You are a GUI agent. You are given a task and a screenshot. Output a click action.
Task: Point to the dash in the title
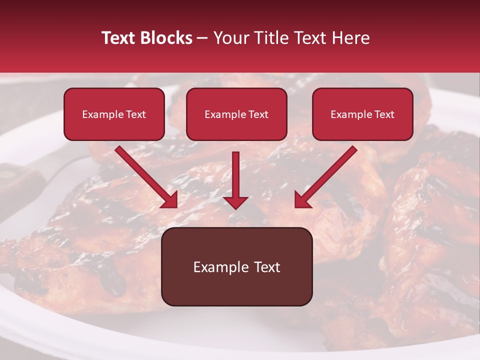[203, 38]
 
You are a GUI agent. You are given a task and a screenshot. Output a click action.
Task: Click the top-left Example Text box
[114, 114]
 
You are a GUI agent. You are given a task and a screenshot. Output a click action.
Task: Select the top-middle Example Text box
[236, 114]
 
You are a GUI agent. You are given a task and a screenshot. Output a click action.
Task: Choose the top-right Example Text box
[362, 114]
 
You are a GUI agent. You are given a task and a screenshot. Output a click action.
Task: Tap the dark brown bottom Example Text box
[236, 266]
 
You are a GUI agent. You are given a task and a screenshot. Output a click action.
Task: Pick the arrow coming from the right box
[327, 175]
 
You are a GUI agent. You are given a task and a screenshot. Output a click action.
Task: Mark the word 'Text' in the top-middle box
[258, 114]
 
